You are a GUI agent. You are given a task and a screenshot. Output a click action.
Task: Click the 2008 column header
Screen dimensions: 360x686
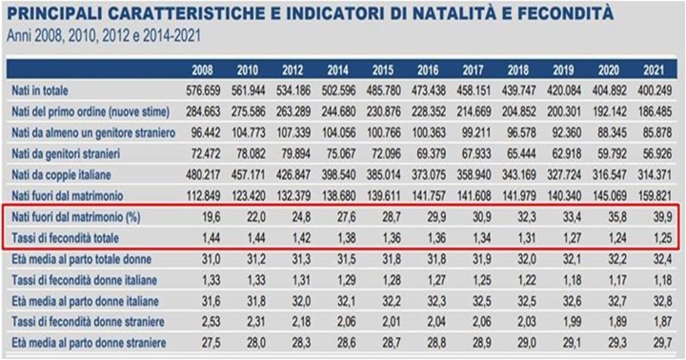tap(201, 69)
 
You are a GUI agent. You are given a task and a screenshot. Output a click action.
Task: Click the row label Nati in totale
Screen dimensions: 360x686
tap(42, 91)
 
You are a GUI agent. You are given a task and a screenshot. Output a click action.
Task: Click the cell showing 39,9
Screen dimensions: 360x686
tap(656, 216)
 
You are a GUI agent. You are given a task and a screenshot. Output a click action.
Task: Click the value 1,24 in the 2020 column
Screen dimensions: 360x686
tap(611, 234)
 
